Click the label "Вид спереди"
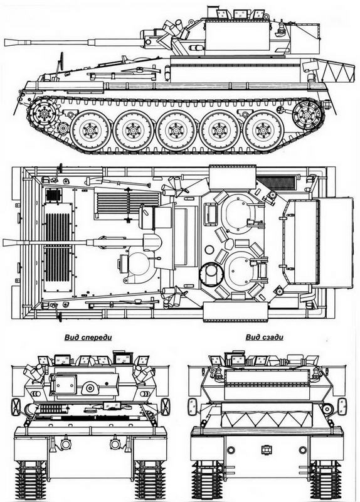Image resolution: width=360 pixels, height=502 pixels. click(88, 338)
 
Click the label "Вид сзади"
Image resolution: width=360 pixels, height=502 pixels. click(264, 337)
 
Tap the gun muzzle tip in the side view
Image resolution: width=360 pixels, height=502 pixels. click(6, 42)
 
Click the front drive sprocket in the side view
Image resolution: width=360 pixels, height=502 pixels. click(44, 113)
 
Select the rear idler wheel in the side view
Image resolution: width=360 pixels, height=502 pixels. click(307, 115)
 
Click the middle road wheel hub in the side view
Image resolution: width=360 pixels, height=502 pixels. click(176, 131)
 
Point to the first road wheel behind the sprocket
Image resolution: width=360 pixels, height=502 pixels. click(90, 131)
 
